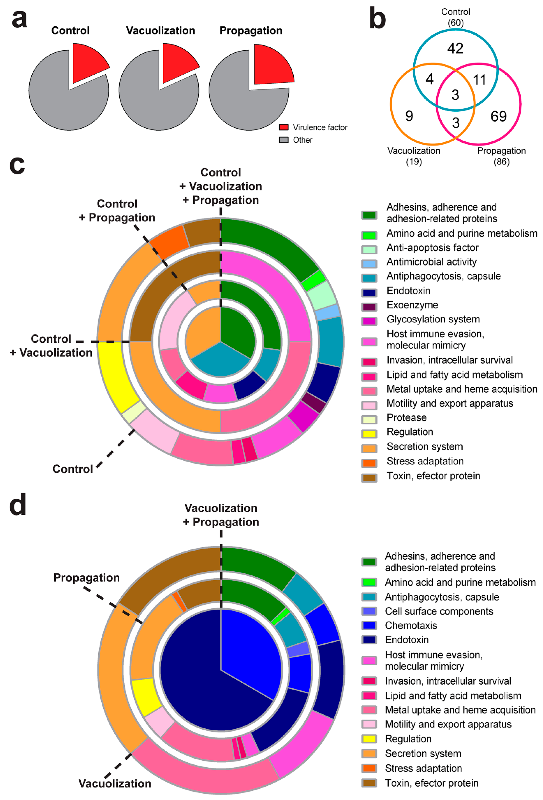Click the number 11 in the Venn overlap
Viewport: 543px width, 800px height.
click(479, 80)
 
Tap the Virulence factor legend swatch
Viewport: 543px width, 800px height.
click(283, 127)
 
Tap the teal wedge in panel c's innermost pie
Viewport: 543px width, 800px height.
click(220, 361)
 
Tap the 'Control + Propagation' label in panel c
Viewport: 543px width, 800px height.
click(117, 211)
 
